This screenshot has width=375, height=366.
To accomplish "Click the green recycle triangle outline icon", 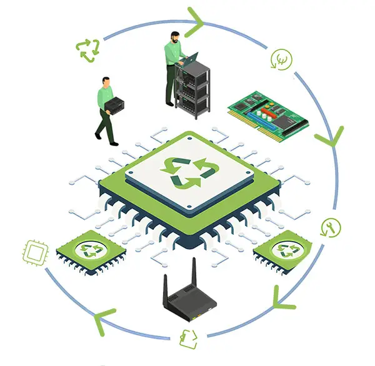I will click(87, 50).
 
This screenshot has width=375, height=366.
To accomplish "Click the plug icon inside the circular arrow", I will click(281, 60).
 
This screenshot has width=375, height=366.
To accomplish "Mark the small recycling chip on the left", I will click(92, 249).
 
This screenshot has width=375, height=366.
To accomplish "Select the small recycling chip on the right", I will click(287, 249).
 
